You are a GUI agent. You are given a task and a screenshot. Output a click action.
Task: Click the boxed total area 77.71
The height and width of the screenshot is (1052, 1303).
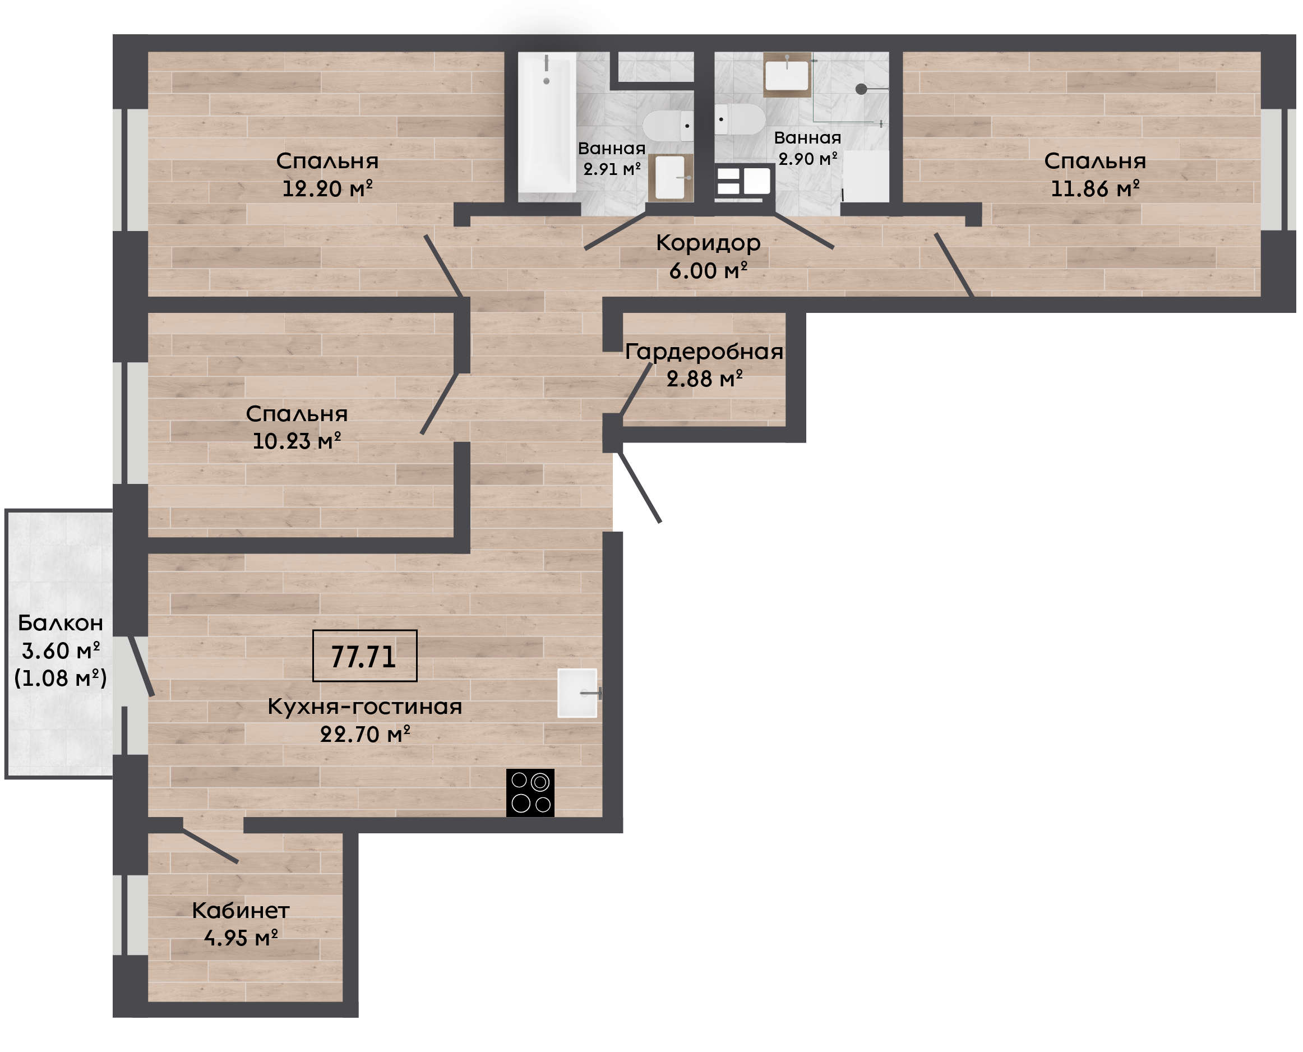coord(364,656)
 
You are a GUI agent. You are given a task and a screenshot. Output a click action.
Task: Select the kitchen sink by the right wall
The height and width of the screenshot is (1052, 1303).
coord(577,693)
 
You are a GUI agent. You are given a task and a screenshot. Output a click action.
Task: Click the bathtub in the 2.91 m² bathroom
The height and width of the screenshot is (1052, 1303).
coord(547,122)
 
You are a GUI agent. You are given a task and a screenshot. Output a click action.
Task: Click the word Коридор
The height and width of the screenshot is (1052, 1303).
coord(708,243)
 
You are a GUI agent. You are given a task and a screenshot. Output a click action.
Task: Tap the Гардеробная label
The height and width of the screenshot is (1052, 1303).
coord(704,352)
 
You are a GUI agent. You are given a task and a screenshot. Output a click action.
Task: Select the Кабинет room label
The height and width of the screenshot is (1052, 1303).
coord(241,911)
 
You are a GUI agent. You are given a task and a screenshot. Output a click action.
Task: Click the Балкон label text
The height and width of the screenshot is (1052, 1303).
coord(61,623)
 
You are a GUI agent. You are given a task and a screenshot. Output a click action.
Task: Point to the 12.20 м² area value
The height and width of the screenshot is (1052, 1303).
coord(327,188)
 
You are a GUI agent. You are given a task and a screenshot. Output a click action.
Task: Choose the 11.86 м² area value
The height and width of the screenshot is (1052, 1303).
coord(1094,188)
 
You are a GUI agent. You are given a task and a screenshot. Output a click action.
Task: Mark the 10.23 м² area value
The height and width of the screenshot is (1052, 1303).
coord(296,441)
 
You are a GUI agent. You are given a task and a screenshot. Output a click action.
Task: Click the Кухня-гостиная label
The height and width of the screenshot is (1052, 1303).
coord(364,707)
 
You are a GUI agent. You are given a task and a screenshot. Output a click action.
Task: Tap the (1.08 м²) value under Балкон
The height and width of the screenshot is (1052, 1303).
coord(61,678)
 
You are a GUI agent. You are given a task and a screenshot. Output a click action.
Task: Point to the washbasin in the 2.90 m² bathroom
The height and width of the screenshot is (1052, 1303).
coord(787,75)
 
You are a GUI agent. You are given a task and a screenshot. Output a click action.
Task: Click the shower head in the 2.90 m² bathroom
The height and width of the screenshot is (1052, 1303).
coord(861,89)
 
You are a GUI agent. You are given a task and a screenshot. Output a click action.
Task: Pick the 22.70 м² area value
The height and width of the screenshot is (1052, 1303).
coord(364,735)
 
